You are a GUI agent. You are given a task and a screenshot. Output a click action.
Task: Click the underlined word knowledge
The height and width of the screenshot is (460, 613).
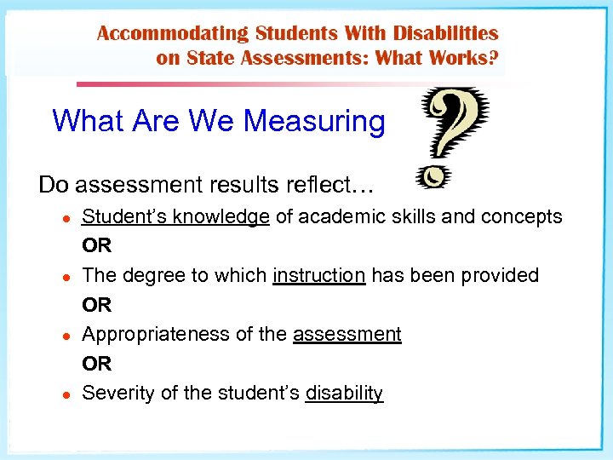(x=221, y=216)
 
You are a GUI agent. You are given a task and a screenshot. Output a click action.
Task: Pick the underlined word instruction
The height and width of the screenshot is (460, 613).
(x=318, y=275)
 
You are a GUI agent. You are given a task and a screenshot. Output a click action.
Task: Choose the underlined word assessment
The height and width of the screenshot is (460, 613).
(x=347, y=334)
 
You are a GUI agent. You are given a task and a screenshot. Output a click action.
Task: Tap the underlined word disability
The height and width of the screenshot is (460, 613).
(x=344, y=393)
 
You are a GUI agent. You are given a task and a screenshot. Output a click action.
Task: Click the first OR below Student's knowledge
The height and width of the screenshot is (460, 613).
(x=96, y=245)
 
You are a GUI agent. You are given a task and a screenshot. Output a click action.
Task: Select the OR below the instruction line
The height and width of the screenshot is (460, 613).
(x=96, y=304)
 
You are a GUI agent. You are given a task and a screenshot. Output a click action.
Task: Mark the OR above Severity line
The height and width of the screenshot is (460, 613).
(x=96, y=364)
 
